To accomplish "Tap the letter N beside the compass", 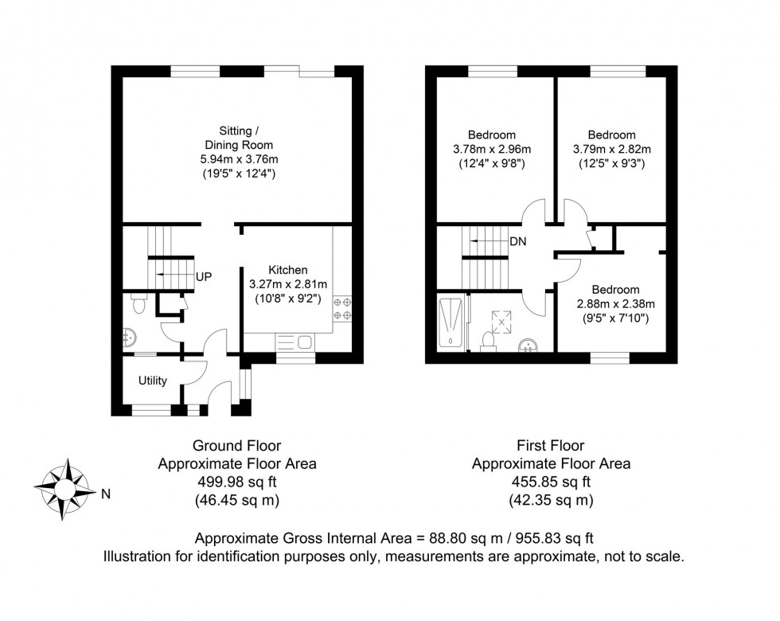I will click(105, 494).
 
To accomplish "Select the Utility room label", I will click(152, 381).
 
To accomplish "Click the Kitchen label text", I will click(287, 270).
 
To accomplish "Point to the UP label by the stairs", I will click(203, 276).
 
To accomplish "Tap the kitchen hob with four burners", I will click(343, 309).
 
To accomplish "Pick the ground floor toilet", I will click(138, 304).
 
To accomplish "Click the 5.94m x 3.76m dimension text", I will click(237, 158).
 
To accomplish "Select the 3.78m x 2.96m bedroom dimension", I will click(492, 149).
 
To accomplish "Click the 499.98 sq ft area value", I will click(236, 482).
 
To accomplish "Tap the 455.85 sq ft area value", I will click(551, 482).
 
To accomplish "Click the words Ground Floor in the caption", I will click(236, 446).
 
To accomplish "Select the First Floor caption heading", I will click(551, 446).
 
